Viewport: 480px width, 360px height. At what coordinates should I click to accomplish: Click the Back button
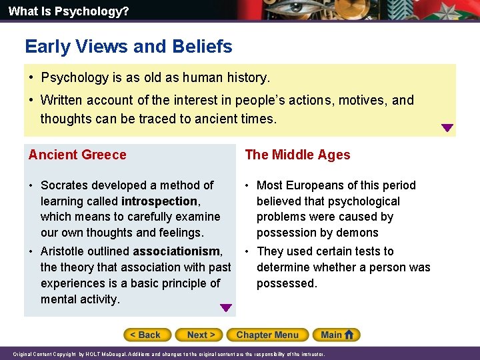pos(147,335)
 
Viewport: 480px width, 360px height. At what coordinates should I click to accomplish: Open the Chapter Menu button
pos(267,335)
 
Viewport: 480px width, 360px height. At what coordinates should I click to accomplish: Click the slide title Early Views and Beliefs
pos(129,47)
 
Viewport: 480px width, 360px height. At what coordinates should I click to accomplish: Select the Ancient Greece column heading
pos(77,155)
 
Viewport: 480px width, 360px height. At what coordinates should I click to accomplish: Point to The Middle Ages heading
pos(297,155)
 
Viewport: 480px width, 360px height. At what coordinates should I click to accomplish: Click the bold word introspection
pos(159,201)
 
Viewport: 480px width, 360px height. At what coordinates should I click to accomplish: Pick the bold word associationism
pos(177,251)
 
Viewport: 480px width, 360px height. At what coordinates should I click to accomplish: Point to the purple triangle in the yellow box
pos(447,128)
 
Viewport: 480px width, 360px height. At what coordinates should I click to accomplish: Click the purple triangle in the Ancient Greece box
pos(226,308)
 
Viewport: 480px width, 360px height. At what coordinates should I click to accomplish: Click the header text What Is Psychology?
pos(59,11)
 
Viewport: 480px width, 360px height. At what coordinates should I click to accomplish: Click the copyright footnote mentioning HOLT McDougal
pos(169,354)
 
